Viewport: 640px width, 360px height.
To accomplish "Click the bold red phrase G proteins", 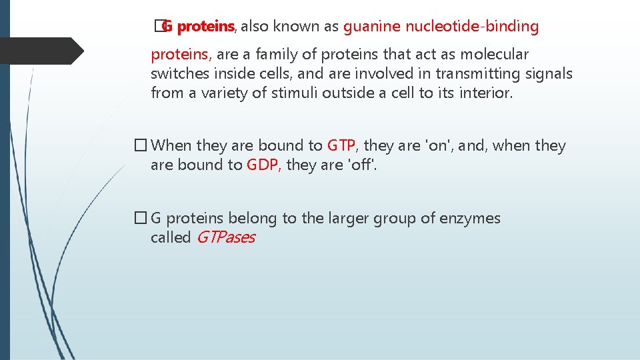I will click(199, 27).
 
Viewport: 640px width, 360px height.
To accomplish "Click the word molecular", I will click(494, 55).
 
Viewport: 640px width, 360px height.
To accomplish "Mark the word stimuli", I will click(295, 93).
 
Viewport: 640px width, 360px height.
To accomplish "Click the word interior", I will click(486, 93).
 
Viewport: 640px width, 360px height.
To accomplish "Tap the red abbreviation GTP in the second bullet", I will click(343, 146).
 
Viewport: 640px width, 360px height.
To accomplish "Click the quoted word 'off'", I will click(361, 165).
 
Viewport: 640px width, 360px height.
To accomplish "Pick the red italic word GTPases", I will click(225, 237).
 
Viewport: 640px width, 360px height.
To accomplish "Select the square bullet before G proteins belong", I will click(140, 218).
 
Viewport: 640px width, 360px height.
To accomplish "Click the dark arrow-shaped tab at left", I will click(40, 50).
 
